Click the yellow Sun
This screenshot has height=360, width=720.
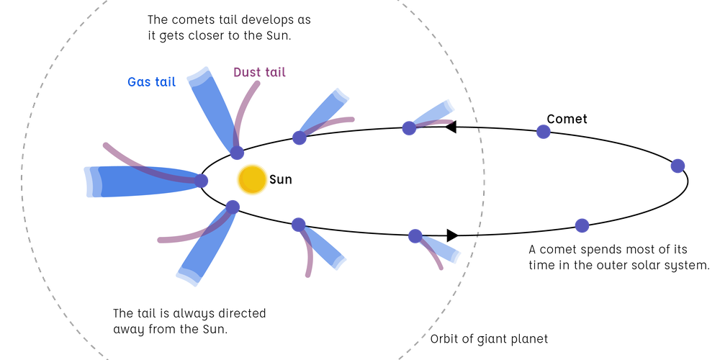point(252,179)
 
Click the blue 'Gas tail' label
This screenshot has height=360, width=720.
point(151,82)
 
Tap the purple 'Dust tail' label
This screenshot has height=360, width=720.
point(260,73)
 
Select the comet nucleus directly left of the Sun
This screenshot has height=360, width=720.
point(202,181)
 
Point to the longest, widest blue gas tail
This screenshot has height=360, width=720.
point(122,181)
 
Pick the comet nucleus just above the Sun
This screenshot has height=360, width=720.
point(238,153)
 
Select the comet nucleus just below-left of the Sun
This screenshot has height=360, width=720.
point(233,207)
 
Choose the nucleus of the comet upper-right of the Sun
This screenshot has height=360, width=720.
point(300,138)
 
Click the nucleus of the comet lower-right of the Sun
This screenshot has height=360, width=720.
point(299,225)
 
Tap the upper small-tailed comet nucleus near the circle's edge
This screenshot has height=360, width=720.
point(409,128)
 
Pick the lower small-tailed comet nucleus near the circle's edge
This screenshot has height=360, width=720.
point(415,235)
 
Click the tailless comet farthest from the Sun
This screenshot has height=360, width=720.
point(678,166)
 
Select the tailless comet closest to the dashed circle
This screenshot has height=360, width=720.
point(544,132)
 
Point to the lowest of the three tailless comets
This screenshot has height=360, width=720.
point(582,225)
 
